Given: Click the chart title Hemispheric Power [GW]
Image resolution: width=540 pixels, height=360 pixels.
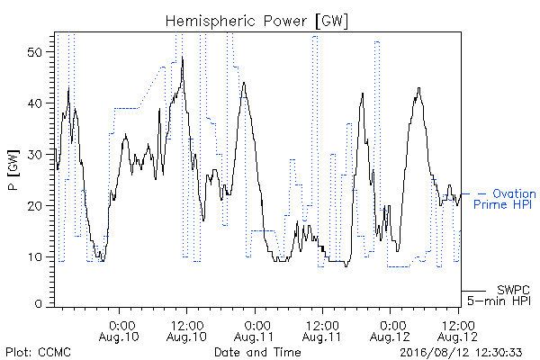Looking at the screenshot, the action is pos(256,22).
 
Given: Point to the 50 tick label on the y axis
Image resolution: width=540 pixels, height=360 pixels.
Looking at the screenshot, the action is pos(35,52).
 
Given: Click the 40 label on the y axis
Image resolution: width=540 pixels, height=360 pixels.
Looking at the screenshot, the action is pos(35,103).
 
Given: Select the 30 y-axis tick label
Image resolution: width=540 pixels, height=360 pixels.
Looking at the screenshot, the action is pos(35,155).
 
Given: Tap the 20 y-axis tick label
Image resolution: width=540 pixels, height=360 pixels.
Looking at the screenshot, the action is pos(35,206).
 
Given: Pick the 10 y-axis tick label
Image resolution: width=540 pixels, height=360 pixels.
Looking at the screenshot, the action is pos(35,257).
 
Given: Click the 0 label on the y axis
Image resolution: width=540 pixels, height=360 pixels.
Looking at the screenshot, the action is pos(39,304).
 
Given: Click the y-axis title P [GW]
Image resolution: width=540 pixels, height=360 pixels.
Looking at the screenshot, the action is pos(13,170).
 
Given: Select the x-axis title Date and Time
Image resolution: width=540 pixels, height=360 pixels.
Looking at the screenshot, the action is pos(257,352).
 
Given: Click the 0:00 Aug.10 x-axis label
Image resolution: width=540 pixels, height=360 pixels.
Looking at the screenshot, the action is pos(119,331).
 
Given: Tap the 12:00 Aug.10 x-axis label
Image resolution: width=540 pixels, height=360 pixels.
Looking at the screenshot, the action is pos(186,331).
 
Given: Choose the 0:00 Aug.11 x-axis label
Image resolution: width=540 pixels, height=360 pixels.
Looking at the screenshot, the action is pos(254,331).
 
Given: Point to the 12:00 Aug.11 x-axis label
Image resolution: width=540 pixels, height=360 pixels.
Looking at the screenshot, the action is pos(322,331).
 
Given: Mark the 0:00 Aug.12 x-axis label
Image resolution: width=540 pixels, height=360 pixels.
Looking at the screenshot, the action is pos(390,331).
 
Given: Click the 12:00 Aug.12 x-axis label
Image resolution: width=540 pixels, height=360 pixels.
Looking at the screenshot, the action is pos(458,331).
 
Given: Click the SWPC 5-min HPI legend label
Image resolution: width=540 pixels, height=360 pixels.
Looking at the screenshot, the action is pos(499,295).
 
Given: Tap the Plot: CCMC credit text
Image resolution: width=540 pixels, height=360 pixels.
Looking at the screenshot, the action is pos(38,352).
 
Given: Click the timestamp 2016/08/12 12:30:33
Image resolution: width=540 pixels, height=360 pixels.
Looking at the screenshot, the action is pos(461,353).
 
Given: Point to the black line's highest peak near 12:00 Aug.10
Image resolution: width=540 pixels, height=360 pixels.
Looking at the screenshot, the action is pos(183,57).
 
